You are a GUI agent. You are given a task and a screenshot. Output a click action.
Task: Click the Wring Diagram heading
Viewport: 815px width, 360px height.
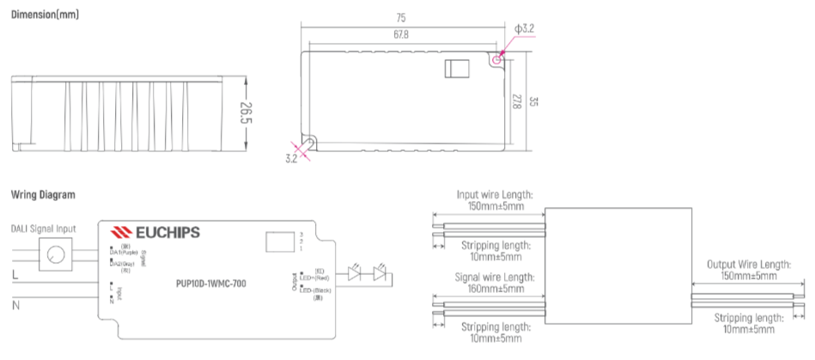pos(43,195)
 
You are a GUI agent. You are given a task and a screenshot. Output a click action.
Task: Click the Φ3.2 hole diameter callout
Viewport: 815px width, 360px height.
pos(523,29)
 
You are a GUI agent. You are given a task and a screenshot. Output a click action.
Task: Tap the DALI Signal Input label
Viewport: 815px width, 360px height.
pos(43,229)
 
